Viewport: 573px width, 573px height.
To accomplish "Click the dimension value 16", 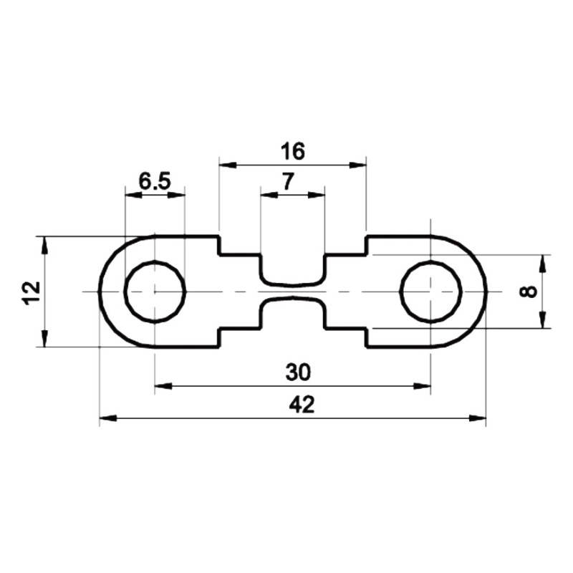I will click(x=293, y=151).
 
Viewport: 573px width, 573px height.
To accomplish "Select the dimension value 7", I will click(x=286, y=182).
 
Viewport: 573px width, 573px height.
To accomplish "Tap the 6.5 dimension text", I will click(x=155, y=182).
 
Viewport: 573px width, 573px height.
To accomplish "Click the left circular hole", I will click(x=155, y=292).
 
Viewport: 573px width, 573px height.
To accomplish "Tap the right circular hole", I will click(x=430, y=292).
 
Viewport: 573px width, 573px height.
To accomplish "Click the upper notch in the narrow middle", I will click(x=292, y=271).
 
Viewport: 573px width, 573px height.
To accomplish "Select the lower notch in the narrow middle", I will click(x=292, y=312).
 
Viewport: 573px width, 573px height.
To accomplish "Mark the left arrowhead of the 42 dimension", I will click(x=106, y=418).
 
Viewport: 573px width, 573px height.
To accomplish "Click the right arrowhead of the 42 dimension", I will click(x=479, y=418).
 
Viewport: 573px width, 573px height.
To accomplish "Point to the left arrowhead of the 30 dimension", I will click(x=162, y=386).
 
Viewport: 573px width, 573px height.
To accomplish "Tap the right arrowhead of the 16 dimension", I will click(x=359, y=165).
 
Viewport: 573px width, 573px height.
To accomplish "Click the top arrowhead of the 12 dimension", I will click(x=44, y=244).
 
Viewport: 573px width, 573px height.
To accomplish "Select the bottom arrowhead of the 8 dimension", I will click(x=542, y=321).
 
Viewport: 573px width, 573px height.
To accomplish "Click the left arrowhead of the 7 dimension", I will click(x=267, y=194).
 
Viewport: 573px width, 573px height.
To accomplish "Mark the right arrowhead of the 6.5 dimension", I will click(x=178, y=194).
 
